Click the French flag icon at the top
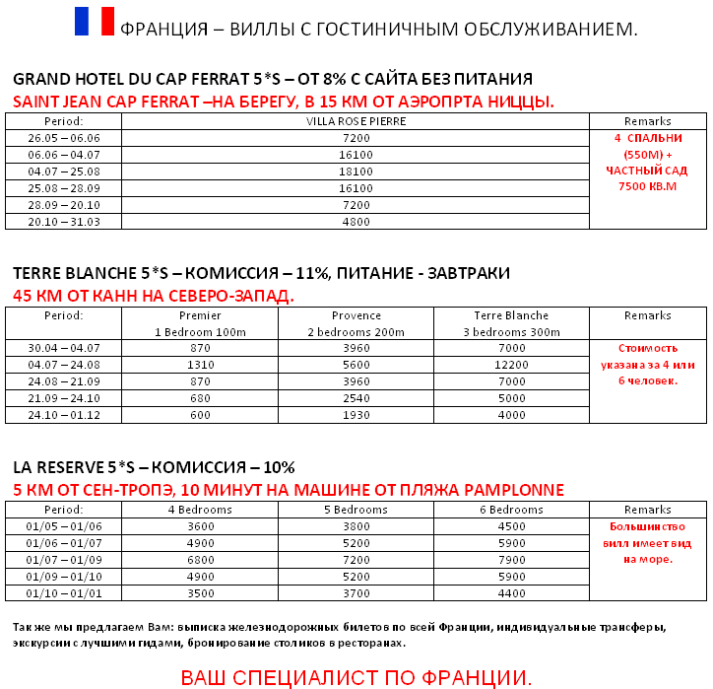point(95,22)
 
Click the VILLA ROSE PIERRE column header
point(356,121)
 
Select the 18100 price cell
point(356,172)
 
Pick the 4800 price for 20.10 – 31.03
point(356,222)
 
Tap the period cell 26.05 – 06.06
point(64,138)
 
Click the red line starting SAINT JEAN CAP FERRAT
point(284,102)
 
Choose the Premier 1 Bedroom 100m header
point(200,323)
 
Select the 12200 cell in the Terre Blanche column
point(513,365)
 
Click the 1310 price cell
point(200,365)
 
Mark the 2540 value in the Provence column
point(356,398)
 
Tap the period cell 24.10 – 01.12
point(64,415)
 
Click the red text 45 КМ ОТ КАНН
point(153,295)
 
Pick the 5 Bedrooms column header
point(356,510)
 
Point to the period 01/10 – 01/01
point(64,593)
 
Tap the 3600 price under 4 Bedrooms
point(200,526)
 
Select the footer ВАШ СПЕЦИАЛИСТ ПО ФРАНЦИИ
point(356,677)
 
